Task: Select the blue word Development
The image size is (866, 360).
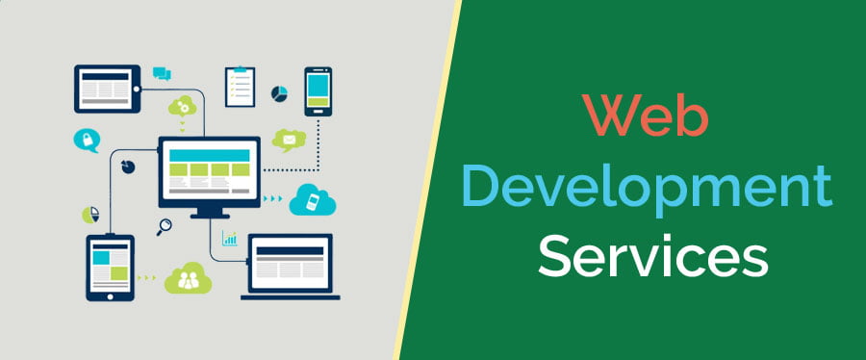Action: [x=647, y=188]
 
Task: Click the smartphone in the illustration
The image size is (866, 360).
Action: [x=318, y=91]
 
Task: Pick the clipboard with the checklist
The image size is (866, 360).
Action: [x=240, y=87]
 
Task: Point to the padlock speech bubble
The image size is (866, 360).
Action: [x=86, y=141]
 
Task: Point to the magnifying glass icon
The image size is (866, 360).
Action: [x=165, y=227]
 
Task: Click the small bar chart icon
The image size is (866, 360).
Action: [x=230, y=238]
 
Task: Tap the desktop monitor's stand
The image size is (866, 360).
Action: [x=209, y=212]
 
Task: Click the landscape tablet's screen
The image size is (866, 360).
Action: [x=105, y=89]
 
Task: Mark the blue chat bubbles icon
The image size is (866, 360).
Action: [x=162, y=73]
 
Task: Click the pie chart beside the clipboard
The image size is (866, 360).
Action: [x=281, y=93]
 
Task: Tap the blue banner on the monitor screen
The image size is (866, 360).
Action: [x=209, y=153]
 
